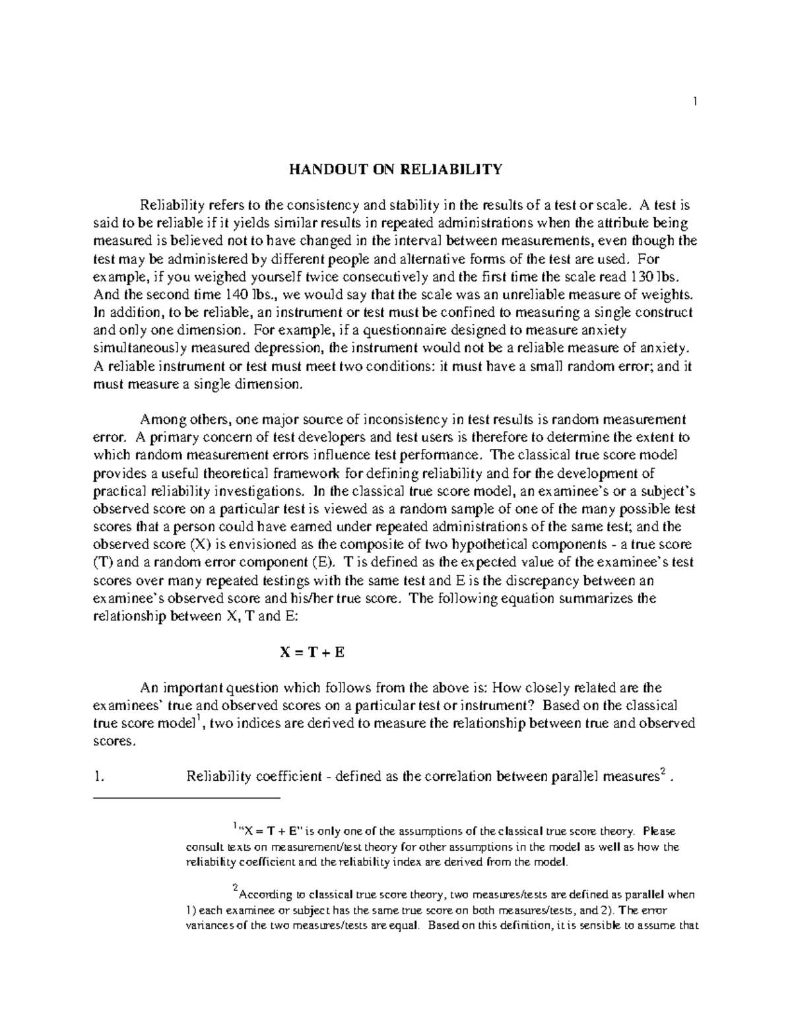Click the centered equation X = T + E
point(312,652)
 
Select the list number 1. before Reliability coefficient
point(100,776)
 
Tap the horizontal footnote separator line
point(188,799)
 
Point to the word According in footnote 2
point(265,895)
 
